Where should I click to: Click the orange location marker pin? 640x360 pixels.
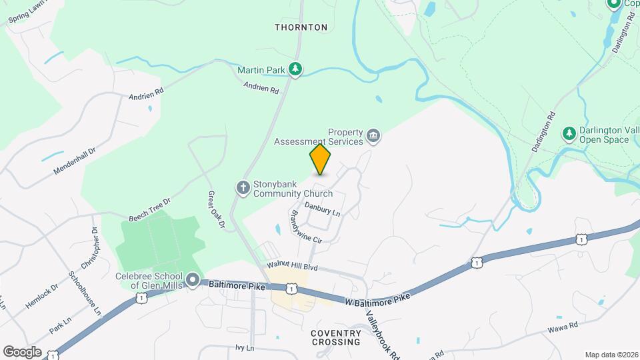coord(320,159)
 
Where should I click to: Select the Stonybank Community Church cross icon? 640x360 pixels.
coord(243,187)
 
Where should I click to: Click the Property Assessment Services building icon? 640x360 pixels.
coord(373,137)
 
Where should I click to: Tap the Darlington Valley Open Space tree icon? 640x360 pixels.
coord(569,133)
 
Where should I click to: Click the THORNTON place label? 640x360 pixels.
coord(301,27)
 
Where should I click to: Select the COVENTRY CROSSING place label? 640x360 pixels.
coord(335,337)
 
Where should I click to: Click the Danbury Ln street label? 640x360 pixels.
coord(323,209)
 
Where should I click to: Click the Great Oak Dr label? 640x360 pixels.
coord(217,211)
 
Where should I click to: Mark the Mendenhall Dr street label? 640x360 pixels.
coord(75,160)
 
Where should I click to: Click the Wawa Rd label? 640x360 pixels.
coord(562,328)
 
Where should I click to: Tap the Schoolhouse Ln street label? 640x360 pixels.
coord(85,293)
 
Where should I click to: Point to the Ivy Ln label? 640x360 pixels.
coord(245,348)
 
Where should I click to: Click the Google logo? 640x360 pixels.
coord(23,351)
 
